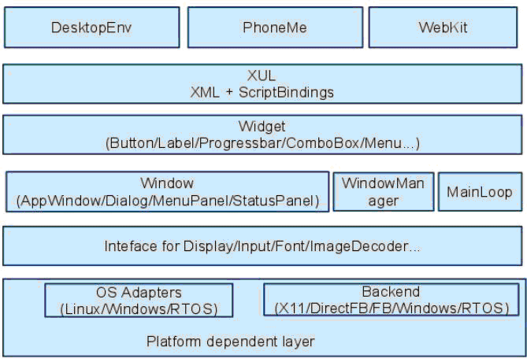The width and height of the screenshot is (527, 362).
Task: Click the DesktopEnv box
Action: [91, 28]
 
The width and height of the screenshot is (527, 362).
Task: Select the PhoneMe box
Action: [275, 28]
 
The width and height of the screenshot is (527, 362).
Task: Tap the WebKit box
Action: [443, 28]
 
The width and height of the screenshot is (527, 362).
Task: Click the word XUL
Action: [262, 76]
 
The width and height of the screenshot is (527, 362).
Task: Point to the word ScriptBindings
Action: [286, 92]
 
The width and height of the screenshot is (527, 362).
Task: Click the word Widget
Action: [262, 127]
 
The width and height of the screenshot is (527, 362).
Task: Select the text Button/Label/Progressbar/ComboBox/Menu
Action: [256, 143]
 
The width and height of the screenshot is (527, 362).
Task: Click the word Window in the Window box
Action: [167, 183]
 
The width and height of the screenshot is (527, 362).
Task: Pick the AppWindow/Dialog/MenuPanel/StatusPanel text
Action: [167, 201]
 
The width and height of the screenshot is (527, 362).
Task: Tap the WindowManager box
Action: [384, 192]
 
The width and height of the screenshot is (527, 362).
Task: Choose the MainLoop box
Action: [480, 192]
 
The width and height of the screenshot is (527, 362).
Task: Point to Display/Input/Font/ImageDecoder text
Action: [296, 246]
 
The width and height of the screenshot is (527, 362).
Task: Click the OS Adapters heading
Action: [139, 293]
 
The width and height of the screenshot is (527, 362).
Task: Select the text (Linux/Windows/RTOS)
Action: [139, 309]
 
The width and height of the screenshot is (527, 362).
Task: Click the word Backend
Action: [391, 291]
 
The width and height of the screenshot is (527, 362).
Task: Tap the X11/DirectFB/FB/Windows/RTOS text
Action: [392, 308]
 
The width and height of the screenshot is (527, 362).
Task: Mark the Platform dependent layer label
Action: [231, 342]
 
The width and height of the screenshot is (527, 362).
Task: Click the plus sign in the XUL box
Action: [229, 93]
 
